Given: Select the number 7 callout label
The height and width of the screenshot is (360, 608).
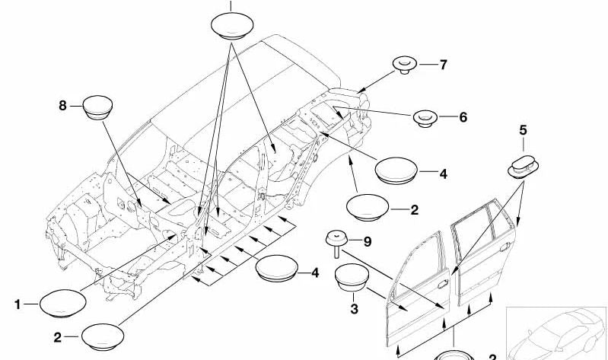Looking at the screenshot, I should (x=443, y=64).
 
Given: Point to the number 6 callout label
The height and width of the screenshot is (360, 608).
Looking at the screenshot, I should (x=463, y=117).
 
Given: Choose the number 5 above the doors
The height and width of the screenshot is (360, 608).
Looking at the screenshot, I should (x=522, y=131).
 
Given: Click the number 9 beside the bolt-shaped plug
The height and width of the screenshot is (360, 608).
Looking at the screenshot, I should (x=367, y=242).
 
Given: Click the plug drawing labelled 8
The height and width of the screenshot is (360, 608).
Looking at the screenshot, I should (x=97, y=108).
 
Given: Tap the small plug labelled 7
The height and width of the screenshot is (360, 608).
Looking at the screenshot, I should (x=405, y=65).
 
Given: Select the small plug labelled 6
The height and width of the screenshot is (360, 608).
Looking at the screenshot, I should (x=425, y=118).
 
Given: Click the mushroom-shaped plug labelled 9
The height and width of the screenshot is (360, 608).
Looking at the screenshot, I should (x=335, y=243).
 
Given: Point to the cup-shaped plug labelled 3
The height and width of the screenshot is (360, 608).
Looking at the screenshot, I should (x=351, y=279).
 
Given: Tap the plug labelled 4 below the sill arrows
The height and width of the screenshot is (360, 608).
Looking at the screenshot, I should (x=277, y=271).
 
